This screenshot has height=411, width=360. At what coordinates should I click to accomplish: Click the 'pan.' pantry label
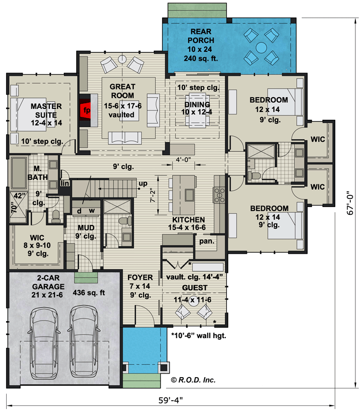pos(207,240)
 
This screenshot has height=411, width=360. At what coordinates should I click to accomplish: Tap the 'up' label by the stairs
pos(142,183)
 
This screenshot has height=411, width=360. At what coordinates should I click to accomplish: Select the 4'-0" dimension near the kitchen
pos(183,159)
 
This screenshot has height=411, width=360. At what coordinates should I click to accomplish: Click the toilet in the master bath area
pos(55,215)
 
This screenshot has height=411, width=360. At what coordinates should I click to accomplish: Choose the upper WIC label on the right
pos(317,140)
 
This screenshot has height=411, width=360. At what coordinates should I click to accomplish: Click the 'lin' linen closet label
pos(65,183)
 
